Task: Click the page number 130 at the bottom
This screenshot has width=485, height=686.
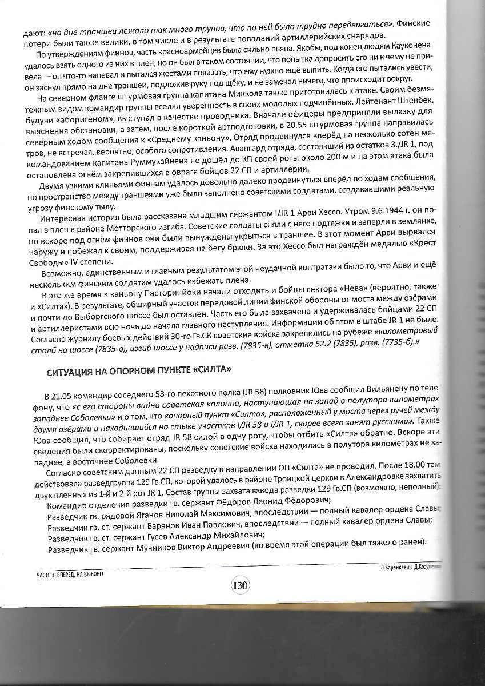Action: tap(239, 585)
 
